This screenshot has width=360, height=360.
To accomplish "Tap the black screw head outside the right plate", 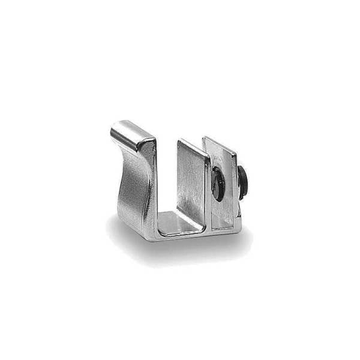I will pyautogui.click(x=244, y=181).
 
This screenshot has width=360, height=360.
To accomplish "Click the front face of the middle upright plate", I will pyautogui.click(x=193, y=186).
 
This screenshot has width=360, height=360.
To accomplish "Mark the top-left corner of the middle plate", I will pyautogui.click(x=179, y=140).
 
